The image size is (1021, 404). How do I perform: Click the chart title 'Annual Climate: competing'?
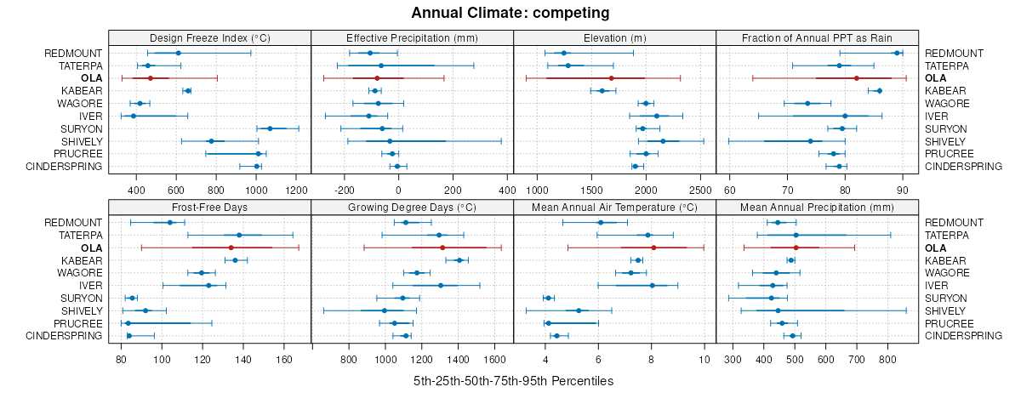point(510,13)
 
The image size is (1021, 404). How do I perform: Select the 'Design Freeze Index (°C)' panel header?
point(209,37)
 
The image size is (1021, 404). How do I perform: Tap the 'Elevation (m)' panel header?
point(614,37)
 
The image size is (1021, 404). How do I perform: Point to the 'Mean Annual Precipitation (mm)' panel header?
point(817,207)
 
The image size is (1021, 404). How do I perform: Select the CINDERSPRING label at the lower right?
point(963,336)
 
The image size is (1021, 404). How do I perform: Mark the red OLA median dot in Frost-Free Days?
point(231,248)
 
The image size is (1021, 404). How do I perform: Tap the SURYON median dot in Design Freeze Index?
point(270,128)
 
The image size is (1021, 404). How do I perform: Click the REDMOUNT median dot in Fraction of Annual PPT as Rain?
point(897,53)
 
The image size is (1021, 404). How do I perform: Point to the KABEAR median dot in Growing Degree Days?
point(459,260)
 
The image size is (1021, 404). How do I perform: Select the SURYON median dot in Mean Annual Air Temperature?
point(549,298)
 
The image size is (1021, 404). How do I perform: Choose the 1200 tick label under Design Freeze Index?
point(297,189)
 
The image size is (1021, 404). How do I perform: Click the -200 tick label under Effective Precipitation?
point(345,189)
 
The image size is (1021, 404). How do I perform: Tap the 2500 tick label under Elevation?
point(699,189)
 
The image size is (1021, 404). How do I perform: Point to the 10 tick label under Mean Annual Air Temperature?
point(704,359)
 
